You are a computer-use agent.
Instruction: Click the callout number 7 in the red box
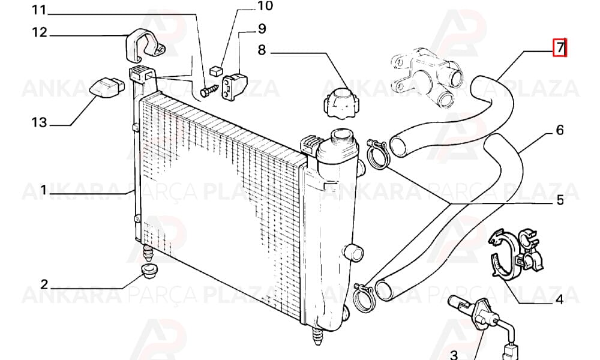click(x=560, y=47)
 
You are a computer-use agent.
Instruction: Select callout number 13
click(x=39, y=122)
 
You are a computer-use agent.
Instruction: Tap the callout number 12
click(x=39, y=32)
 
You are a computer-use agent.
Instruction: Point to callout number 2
click(x=44, y=284)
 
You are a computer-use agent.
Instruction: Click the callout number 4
click(x=559, y=299)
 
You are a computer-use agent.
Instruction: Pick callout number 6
click(x=560, y=130)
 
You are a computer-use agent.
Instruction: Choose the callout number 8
click(x=262, y=50)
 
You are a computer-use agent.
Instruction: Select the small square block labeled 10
click(x=216, y=71)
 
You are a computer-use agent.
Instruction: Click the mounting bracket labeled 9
click(x=235, y=87)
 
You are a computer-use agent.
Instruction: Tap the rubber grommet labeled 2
click(x=149, y=271)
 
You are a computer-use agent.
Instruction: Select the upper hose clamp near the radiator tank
click(x=377, y=154)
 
